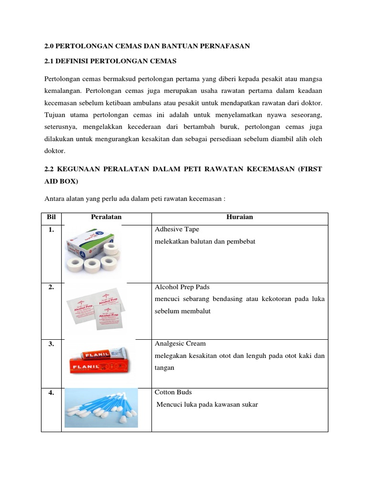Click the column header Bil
coord(51,217)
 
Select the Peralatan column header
coord(106,217)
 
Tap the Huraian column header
coord(239,217)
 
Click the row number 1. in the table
coord(51,230)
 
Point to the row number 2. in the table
coord(51,287)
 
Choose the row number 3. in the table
coord(51,344)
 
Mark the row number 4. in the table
coord(51,392)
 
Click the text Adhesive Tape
coord(177,230)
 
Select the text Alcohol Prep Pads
coord(182,287)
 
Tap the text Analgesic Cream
coord(180,344)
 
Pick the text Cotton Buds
coord(173,392)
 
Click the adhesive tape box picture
coord(94,249)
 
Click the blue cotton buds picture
coord(101,408)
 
